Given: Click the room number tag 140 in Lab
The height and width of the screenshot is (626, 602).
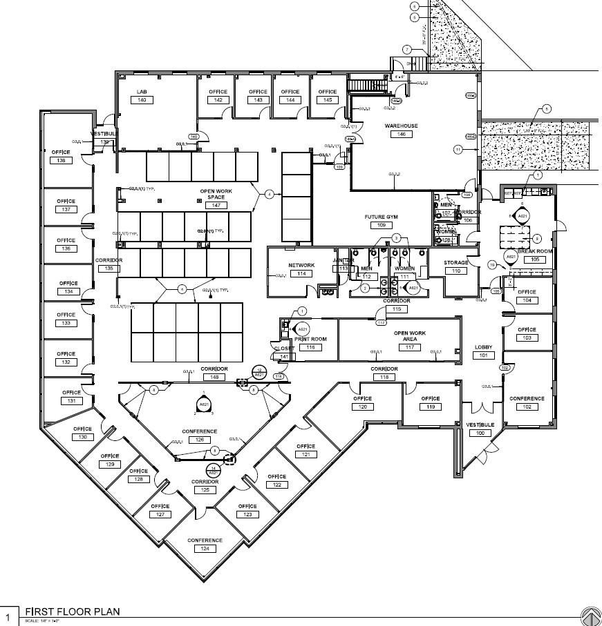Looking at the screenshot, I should pos(142,100).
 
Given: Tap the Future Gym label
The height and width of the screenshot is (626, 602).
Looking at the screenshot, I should pos(381,217).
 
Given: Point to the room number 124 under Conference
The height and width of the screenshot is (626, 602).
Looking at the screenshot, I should pos(205,549).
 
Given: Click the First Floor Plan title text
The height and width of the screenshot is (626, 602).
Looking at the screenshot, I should pos(73,612).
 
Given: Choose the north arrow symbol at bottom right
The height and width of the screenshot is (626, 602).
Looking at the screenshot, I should pos(590,616).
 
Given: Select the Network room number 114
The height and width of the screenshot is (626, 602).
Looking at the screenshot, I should pos(301,274).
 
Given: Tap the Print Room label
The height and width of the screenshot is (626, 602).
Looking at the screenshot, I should pos(310,339).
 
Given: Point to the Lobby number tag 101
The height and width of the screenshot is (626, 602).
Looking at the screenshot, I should pos(482,355).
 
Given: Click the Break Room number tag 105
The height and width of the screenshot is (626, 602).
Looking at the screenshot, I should pos(535,260).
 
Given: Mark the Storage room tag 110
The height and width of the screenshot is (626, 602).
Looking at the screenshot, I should pos(455,271).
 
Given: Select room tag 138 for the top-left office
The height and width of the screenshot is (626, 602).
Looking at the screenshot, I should pos(61,161).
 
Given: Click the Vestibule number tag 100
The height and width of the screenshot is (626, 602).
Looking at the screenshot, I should pos(479,433).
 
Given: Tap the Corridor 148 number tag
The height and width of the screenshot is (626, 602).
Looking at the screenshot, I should pos(214,377).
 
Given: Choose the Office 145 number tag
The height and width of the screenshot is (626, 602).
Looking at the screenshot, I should pos(327,100).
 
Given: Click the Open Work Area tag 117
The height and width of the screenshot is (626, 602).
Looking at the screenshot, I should pos(409,347).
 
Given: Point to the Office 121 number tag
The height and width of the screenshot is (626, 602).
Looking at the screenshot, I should pos(305,454).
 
